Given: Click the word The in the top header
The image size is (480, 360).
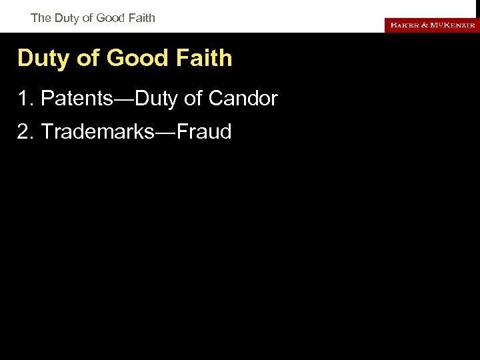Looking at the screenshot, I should [x=41, y=18].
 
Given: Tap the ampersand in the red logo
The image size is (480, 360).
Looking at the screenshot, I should [x=424, y=25].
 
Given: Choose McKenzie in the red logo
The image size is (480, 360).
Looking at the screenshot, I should [x=453, y=25].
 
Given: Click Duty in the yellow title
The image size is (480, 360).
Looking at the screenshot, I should [x=44, y=59].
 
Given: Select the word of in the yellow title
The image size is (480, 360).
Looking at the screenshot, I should [x=88, y=59].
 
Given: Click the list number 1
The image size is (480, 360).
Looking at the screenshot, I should [x=25, y=99].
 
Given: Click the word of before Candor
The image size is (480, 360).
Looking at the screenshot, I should [x=193, y=99].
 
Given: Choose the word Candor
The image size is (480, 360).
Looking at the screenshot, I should [x=243, y=99].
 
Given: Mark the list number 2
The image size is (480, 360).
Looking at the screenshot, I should [x=25, y=132].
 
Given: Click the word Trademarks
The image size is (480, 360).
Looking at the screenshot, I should [x=97, y=132].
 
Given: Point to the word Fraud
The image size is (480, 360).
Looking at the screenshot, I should [x=204, y=132].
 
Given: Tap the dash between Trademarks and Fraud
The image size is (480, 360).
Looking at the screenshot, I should [x=166, y=132].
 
